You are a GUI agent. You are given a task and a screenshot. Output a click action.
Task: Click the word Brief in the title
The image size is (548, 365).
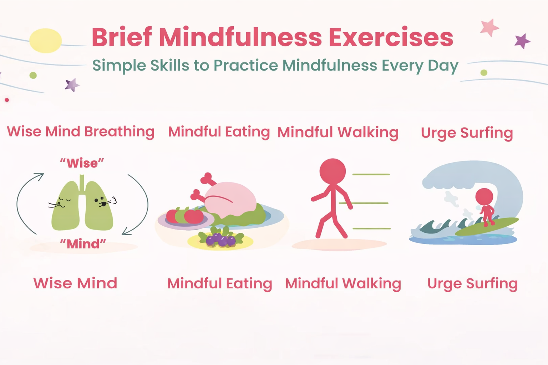[122, 37]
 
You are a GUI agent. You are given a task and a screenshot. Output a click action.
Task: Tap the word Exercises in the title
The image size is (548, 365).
[391, 37]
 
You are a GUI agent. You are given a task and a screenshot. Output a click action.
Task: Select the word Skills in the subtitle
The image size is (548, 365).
[170, 65]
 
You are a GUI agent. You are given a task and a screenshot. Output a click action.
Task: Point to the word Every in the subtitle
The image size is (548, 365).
[402, 66]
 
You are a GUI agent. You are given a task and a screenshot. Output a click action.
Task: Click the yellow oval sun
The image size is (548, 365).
[46, 41]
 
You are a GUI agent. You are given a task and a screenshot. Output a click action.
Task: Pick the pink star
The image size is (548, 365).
[489, 27]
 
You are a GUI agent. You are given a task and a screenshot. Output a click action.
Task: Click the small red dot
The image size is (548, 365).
[7, 100]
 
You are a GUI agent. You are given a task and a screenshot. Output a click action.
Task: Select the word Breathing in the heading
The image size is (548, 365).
[120, 132]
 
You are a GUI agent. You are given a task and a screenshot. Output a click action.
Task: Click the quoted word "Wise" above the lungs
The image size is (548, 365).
[82, 163]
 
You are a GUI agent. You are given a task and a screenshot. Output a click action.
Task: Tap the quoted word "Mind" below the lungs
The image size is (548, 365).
[83, 244]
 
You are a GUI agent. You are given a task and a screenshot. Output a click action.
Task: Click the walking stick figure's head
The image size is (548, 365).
[333, 171]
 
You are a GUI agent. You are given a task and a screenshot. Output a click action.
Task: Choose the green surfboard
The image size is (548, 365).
[487, 227]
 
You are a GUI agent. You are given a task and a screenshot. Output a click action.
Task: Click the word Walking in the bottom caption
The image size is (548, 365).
[372, 284]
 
